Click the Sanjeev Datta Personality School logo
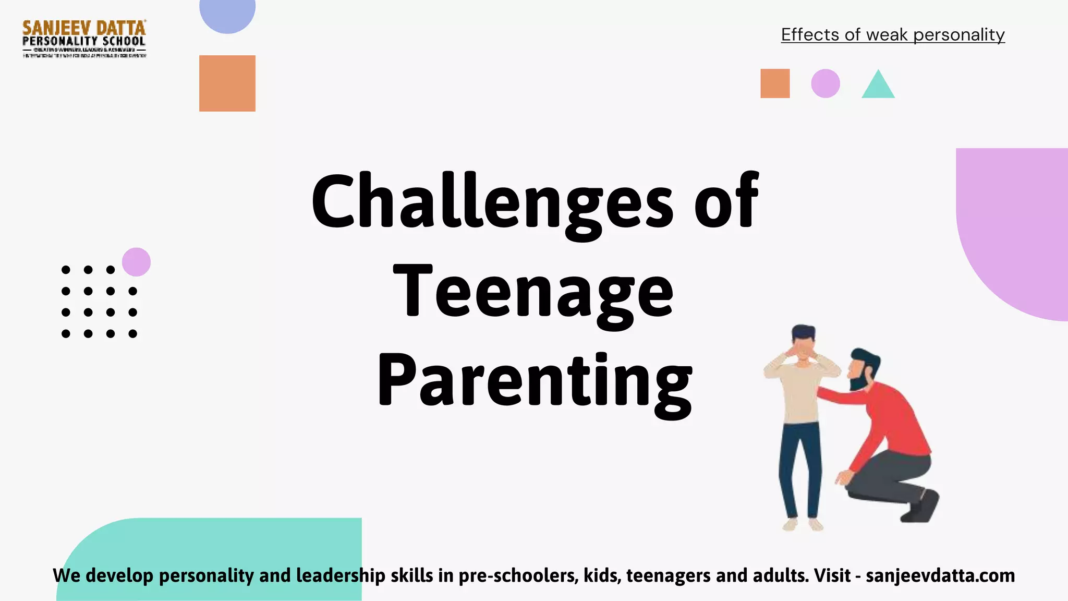(x=84, y=39)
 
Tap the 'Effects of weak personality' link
(x=892, y=35)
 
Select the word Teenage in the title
(x=533, y=292)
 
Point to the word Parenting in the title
(x=535, y=381)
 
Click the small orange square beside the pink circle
(x=775, y=83)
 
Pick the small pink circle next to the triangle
(x=826, y=83)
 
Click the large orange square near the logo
(x=227, y=83)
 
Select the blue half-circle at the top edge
(x=227, y=14)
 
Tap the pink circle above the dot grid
(x=136, y=262)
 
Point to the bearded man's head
(x=864, y=367)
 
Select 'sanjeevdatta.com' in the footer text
(x=940, y=575)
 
